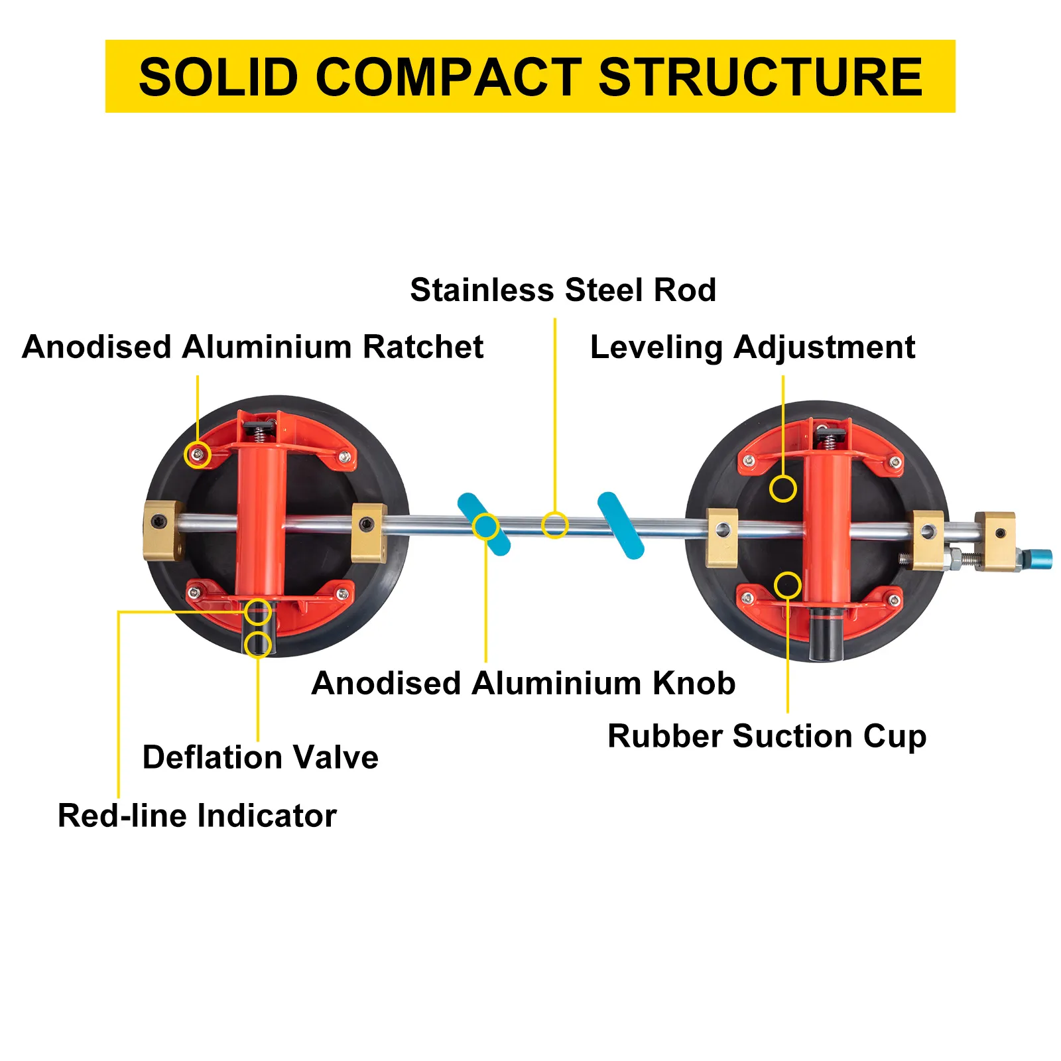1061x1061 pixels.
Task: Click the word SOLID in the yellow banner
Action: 218,77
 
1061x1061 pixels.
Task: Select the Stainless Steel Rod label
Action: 563,290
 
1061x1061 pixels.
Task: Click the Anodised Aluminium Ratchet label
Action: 253,347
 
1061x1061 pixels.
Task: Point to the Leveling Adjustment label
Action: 753,347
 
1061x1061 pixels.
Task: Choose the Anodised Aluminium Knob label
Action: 523,683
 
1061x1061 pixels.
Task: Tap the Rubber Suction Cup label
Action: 767,736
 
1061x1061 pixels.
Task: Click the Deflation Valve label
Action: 261,757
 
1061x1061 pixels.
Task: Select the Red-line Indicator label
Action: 197,815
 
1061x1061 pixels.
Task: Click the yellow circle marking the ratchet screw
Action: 197,455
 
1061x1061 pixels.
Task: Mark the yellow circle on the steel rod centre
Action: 555,525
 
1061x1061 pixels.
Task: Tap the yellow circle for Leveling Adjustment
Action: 783,489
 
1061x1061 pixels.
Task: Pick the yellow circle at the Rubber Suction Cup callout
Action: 788,585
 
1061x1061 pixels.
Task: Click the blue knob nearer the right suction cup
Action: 621,525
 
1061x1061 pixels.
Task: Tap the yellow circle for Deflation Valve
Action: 258,644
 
